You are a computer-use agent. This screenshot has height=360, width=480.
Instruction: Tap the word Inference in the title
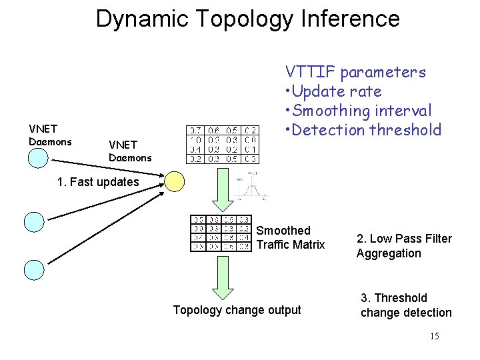coord(346,18)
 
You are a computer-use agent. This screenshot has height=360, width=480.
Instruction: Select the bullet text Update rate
coord(333,91)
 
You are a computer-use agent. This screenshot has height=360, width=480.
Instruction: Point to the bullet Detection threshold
coord(363,129)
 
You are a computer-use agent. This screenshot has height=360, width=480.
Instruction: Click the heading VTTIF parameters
coord(355,71)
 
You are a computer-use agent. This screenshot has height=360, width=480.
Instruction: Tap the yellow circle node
coord(174,181)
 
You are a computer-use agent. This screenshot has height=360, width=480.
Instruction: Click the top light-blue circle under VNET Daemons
coord(38,158)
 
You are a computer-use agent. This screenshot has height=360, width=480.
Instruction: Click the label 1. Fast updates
coord(97,181)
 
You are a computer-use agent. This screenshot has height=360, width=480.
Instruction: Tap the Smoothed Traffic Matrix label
coord(290,238)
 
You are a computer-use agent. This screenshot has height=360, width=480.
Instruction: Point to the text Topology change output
coord(237,310)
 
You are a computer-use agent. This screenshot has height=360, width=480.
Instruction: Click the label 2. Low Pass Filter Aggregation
coord(404,246)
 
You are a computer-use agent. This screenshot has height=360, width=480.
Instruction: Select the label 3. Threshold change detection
coord(406,305)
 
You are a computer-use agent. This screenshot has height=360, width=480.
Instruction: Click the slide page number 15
coord(434,336)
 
